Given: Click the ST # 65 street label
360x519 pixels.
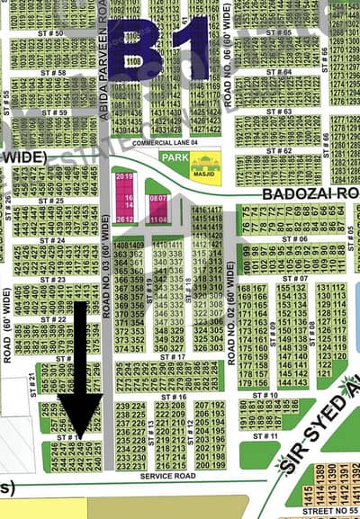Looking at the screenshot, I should (x=278, y=32).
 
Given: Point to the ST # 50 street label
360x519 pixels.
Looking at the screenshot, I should (x=51, y=33).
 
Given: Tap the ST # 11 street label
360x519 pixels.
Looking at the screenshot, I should (x=265, y=435).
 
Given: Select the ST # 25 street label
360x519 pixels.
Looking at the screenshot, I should (x=51, y=201).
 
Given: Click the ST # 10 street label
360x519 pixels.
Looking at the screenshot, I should (x=265, y=395).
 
